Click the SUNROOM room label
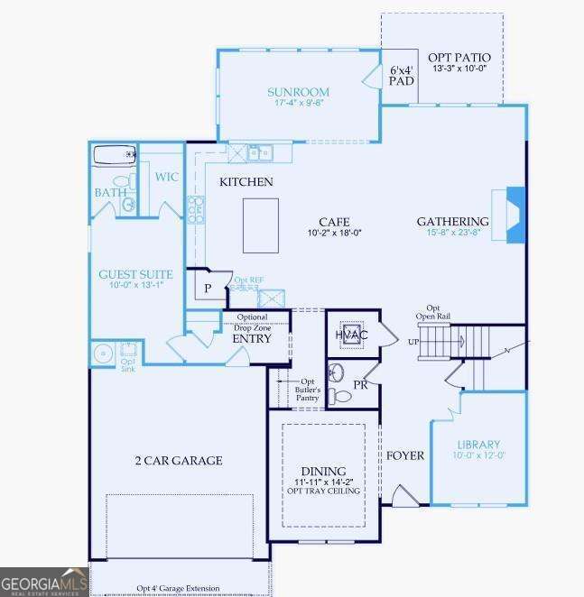298,92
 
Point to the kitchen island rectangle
260,225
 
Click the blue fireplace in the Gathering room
515,214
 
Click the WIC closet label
166,177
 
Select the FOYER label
405,455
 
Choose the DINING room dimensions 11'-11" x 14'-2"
323,483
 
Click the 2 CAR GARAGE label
178,461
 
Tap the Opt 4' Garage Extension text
178,589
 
